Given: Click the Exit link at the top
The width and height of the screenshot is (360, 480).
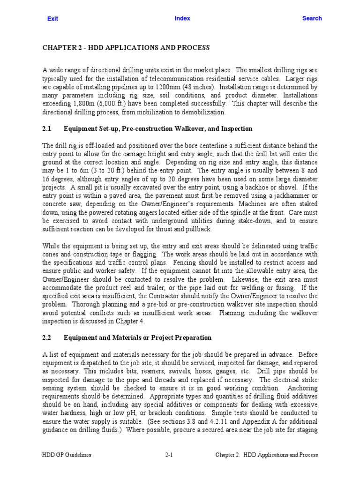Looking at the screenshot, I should (52, 19).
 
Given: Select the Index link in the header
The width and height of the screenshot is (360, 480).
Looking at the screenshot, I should (182, 18).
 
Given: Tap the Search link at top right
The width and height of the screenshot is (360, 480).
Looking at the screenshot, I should (312, 18).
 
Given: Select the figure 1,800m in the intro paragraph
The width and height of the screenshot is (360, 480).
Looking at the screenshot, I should (85, 104).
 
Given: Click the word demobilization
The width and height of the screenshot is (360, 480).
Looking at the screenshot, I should (203, 112).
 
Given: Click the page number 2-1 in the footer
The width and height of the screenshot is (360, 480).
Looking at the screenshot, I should (170, 455).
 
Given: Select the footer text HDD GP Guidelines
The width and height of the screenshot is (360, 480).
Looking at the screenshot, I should (66, 455).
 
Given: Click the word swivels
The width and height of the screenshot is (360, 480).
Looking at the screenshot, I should (138, 371).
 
